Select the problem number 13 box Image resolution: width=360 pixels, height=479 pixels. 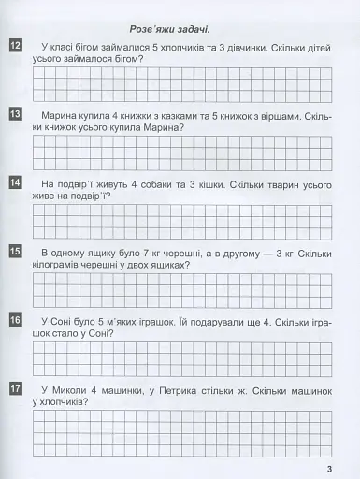[x=15, y=115]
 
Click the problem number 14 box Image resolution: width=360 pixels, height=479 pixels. [x=15, y=183]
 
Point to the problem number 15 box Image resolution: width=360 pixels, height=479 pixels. [x=15, y=251]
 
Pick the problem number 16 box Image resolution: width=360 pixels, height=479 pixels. [x=15, y=320]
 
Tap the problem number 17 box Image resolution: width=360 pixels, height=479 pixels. [x=15, y=387]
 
